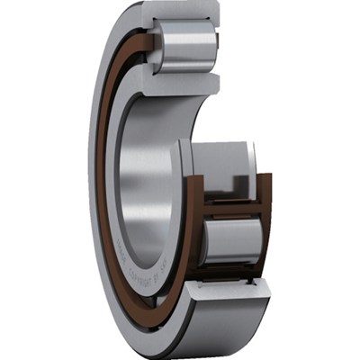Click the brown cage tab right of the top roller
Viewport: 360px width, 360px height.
tap(220, 47)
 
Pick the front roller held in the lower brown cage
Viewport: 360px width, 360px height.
tap(231, 242)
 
